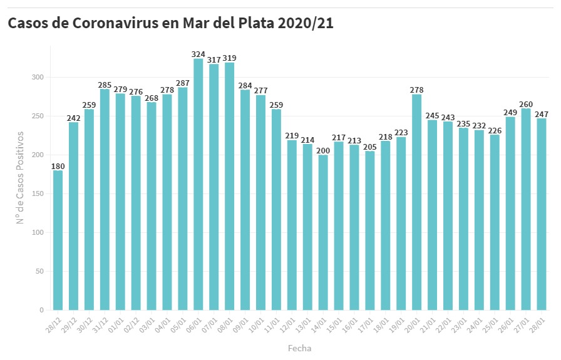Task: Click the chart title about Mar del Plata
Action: coord(170,23)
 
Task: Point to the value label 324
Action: coord(198,54)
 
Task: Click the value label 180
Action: coord(58,166)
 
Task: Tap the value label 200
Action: coord(323,150)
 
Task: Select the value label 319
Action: coord(229,58)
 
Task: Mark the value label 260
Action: coord(526,104)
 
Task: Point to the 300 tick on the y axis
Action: coord(39,78)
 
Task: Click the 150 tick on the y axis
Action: coord(39,194)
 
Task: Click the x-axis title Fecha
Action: coord(299,348)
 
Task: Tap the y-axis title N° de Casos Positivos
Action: coord(20,177)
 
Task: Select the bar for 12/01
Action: coord(292,225)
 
